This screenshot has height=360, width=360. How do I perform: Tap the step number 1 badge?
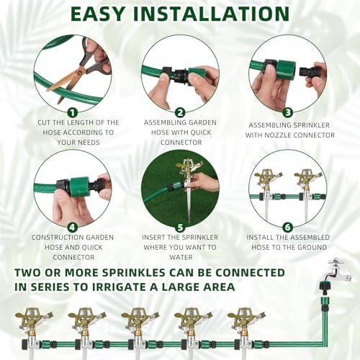[73, 112]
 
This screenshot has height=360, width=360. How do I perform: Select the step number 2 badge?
[180, 112]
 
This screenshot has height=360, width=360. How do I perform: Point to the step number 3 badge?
[287, 112]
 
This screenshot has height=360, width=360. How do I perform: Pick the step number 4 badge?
[73, 228]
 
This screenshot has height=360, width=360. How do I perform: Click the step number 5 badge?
[180, 228]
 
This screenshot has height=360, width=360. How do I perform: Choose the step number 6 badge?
[287, 228]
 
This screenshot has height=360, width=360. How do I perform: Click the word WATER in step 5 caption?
[181, 257]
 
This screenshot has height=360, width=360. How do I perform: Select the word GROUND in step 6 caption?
[312, 247]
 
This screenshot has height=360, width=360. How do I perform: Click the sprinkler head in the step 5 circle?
[189, 167]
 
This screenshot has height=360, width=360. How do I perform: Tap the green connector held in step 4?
[79, 184]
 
